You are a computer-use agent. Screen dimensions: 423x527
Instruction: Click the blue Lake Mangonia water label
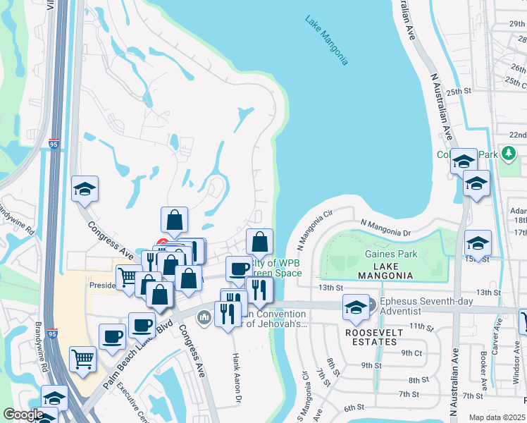327,41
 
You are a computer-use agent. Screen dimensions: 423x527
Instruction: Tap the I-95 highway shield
54,145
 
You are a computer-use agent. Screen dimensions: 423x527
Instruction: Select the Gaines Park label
391,255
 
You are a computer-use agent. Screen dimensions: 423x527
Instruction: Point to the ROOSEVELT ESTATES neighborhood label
375,337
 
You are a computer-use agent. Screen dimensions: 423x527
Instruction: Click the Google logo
23,415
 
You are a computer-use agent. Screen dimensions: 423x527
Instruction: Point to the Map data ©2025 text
497,417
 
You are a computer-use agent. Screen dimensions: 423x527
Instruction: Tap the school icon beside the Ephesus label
356,307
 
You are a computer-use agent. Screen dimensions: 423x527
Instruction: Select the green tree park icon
507,154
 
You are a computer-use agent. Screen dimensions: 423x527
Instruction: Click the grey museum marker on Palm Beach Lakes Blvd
205,317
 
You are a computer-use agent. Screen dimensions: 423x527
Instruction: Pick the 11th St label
421,326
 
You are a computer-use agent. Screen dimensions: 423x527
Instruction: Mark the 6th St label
354,407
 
